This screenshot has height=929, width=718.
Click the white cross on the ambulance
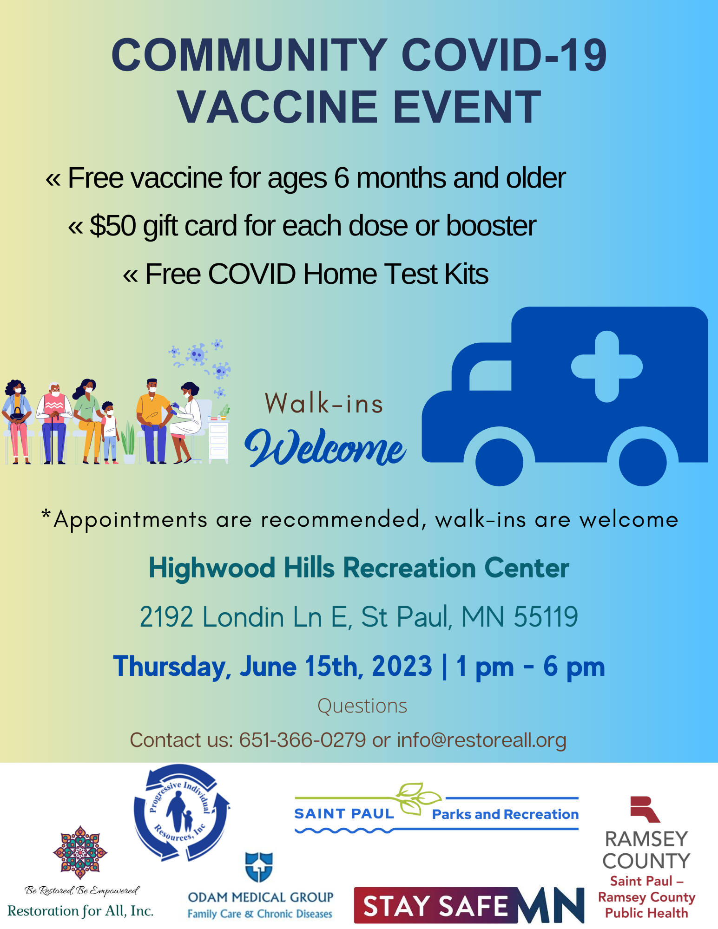pos(607,366)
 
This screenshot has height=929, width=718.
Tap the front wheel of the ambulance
pos(499,462)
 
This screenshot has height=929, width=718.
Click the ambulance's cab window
pos(490,375)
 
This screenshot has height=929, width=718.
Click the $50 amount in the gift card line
pos(113,226)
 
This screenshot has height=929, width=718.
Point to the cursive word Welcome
pos(325,447)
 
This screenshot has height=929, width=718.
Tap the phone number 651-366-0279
pos(303,740)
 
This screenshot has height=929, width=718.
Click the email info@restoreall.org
pos(481,740)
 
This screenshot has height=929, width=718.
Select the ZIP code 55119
pos(546,617)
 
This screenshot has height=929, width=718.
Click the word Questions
pos(362,706)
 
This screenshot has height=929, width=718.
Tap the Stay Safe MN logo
pos(469,905)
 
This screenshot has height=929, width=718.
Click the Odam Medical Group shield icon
pos(259,867)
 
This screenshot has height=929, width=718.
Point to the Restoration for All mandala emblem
pos(80,852)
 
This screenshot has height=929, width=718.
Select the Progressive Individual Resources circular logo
pos(182,813)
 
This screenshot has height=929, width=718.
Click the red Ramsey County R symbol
pos(645,809)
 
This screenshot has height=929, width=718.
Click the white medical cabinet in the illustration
pos(218,441)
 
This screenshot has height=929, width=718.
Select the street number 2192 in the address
pos(166,617)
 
